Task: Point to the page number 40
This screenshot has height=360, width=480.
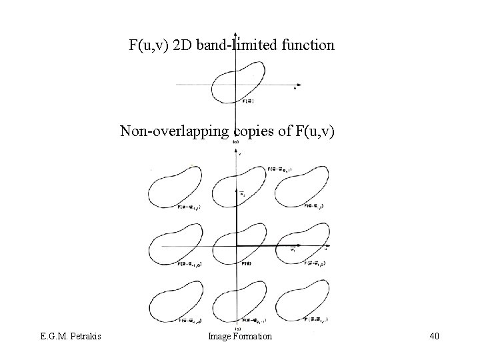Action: coord(433,337)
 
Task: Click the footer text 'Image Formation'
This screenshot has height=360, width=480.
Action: coord(240,337)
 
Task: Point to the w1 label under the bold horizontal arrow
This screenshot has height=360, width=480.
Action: coord(293,251)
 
